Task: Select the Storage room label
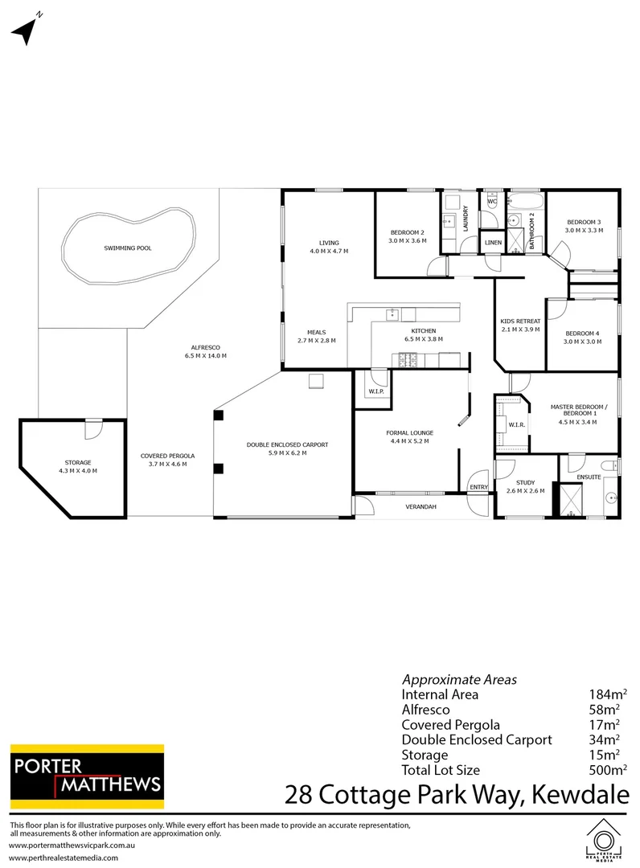[79, 462]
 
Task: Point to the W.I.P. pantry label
[375, 392]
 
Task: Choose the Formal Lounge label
[409, 432]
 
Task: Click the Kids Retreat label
[520, 321]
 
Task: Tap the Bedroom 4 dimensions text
[583, 342]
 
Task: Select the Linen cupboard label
[492, 243]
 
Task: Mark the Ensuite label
[589, 477]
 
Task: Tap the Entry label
[478, 487]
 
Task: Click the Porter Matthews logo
[87, 775]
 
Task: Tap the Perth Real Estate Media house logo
[603, 841]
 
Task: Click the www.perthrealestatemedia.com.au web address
[64, 858]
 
